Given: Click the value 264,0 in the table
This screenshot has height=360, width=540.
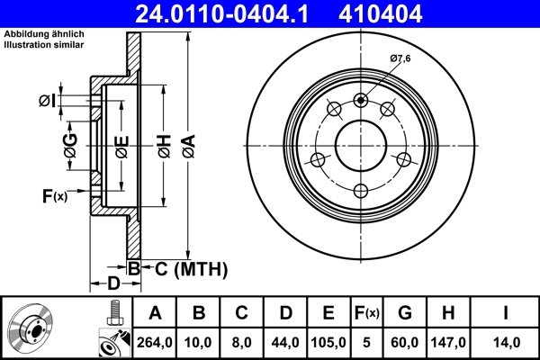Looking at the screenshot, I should click(x=155, y=341).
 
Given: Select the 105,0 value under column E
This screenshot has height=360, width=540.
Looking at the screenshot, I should click(x=329, y=341).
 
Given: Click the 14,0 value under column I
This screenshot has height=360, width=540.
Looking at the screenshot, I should click(x=506, y=341).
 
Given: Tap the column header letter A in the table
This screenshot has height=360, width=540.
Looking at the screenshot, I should click(x=155, y=313).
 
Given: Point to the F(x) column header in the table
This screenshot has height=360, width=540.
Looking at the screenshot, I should click(x=367, y=313).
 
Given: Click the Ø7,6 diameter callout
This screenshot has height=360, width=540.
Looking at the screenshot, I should click(x=400, y=60).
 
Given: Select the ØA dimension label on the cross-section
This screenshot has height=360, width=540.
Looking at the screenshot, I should click(x=187, y=147).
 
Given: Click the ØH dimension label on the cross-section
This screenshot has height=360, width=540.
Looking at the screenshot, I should click(x=165, y=147).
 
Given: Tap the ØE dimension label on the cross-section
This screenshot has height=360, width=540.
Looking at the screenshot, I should click(x=122, y=147).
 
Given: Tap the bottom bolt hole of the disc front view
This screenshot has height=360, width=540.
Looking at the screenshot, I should click(x=362, y=190).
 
